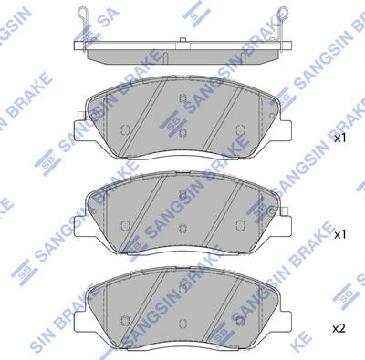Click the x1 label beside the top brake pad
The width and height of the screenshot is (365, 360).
coord(340,139)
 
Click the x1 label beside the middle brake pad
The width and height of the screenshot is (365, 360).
coord(340,234)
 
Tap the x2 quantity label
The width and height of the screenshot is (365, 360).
coord(339,328)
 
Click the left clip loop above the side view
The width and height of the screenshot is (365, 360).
coord(82,13)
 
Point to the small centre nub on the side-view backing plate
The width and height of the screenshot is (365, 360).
coord(182,40)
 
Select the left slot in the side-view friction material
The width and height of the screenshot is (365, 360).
coord(165,57)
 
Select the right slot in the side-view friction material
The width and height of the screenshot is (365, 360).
coord(244,57)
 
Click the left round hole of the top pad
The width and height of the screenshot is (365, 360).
coord(125,130)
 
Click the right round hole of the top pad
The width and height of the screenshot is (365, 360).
coord(240,129)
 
